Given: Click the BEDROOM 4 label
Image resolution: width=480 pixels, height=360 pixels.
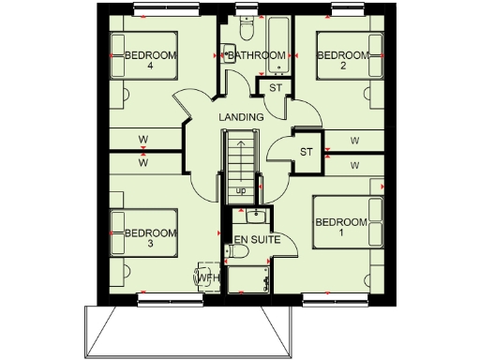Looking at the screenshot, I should click(151, 61).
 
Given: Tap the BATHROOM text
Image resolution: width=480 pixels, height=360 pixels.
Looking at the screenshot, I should click(257, 56).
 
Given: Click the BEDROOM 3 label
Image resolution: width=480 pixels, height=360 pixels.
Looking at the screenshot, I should click(151, 238).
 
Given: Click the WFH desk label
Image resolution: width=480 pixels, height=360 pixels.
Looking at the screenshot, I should click(206, 279).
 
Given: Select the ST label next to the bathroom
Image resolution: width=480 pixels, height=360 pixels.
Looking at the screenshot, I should click(275, 88).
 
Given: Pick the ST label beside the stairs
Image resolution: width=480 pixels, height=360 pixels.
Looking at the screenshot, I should click(306, 151).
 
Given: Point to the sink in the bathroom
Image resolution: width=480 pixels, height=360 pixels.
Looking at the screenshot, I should click(229, 54).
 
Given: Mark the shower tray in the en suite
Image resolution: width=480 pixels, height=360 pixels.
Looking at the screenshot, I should click(248, 279).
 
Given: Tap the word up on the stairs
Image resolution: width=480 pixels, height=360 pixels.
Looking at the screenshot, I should click(241, 191).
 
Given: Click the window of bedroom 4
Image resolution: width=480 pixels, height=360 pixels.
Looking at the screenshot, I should click(157, 10).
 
